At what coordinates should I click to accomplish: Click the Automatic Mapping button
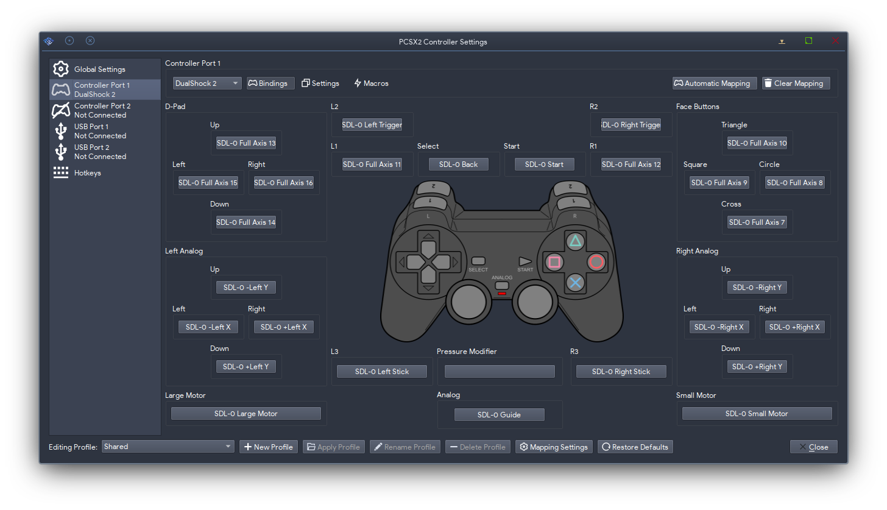click(715, 83)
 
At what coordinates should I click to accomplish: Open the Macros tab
click(371, 83)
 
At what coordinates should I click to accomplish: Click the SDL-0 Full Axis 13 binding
click(246, 143)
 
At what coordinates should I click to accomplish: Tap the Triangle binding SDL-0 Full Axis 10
click(757, 143)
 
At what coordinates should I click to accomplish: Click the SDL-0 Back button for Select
click(458, 165)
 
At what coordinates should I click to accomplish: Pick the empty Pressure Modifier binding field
click(500, 372)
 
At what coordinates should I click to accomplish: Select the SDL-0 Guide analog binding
click(499, 414)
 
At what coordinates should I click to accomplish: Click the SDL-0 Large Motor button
click(246, 413)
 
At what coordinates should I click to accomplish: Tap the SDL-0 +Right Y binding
click(757, 367)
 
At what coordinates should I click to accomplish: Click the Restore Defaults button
click(635, 447)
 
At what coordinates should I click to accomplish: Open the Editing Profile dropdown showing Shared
click(168, 447)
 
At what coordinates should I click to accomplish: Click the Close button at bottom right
click(813, 447)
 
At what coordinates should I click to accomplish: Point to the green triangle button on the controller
click(575, 241)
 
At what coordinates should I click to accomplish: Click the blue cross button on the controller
click(575, 283)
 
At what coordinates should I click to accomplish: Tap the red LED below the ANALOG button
click(502, 294)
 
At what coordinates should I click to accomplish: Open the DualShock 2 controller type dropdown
click(207, 83)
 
